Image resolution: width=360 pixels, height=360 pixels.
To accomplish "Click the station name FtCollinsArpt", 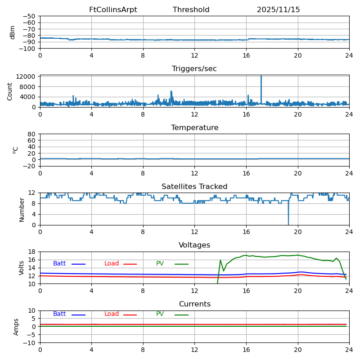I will pyautogui.click(x=113, y=10).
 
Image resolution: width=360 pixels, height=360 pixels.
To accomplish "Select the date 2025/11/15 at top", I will pyautogui.click(x=278, y=10).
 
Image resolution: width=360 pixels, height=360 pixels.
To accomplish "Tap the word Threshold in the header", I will pyautogui.click(x=191, y=10).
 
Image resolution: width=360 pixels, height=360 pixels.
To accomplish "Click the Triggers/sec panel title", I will pyautogui.click(x=194, y=69).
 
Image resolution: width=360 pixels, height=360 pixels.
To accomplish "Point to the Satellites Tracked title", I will pyautogui.click(x=194, y=187).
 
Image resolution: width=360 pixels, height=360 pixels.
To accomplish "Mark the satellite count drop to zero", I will pyautogui.click(x=288, y=224).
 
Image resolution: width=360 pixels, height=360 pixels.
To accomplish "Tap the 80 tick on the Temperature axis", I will pyautogui.click(x=32, y=134).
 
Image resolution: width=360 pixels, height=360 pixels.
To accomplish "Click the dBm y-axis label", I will pyautogui.click(x=13, y=32).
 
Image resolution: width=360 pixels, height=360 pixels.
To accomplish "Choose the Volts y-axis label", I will pyautogui.click(x=22, y=268).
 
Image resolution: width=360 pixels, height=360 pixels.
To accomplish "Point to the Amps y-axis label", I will pyautogui.click(x=16, y=327).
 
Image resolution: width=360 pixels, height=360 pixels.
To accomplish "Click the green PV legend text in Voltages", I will pyautogui.click(x=160, y=264).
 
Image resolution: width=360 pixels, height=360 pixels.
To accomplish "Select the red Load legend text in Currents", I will pyautogui.click(x=112, y=314).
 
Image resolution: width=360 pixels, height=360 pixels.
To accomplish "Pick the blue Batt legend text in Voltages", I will pyautogui.click(x=59, y=264).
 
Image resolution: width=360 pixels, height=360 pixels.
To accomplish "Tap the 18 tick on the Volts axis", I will pyautogui.click(x=32, y=252).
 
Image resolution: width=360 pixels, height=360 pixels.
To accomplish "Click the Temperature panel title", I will pyautogui.click(x=194, y=128).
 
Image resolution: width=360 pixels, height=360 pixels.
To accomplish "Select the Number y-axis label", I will pyautogui.click(x=22, y=209).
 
